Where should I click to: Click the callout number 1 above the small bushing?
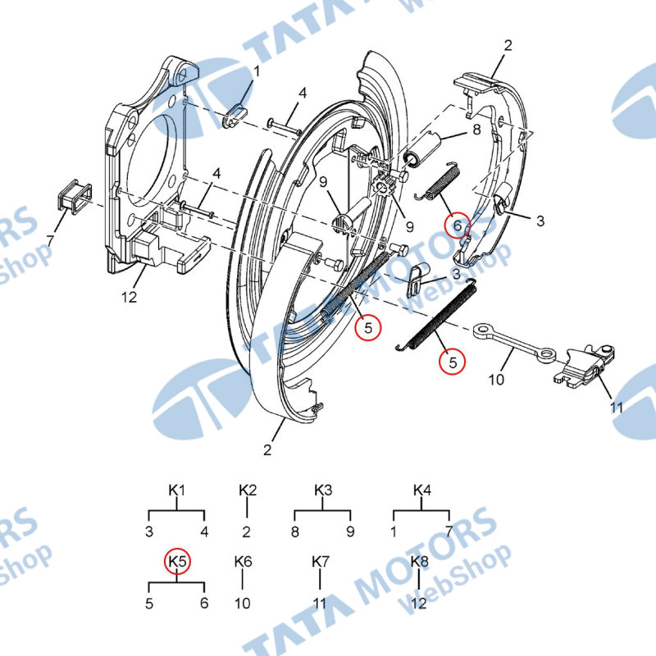257,71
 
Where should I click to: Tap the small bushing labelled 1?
236,116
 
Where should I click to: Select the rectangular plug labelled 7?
74,198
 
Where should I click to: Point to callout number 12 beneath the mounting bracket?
129,297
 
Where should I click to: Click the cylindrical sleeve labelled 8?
422,148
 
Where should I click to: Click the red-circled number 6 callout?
458,226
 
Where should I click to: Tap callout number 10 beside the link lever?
496,380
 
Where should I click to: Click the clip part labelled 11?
583,364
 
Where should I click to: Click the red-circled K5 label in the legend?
177,562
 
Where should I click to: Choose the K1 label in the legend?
176,490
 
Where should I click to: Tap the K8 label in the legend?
419,562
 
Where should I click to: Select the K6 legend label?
243,562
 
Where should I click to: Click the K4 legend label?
421,490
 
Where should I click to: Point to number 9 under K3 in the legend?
350,531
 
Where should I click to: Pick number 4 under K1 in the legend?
204,531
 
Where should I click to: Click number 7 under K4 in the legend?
449,531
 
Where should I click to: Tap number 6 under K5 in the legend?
204,603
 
